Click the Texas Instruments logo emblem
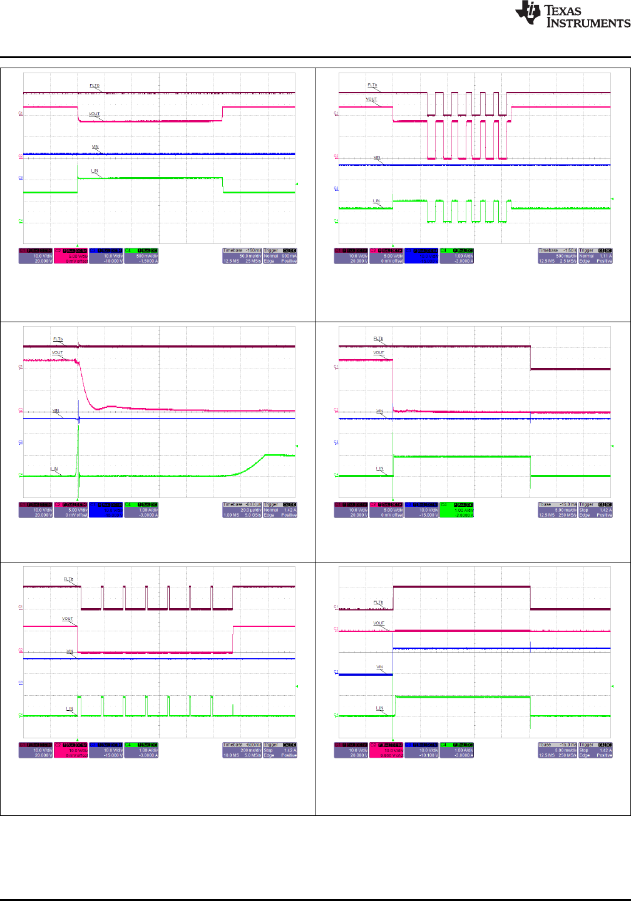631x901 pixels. [x=527, y=13]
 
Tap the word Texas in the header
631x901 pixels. [x=563, y=10]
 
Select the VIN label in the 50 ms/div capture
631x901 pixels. [x=95, y=146]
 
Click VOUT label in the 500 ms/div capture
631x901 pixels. [x=371, y=99]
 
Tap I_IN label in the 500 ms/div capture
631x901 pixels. [x=376, y=201]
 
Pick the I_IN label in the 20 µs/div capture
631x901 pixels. [x=54, y=469]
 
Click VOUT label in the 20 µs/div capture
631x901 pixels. [x=57, y=353]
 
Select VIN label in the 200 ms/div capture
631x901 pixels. [x=70, y=651]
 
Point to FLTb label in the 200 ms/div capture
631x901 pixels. [x=68, y=579]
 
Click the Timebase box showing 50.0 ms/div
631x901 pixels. [x=242, y=255]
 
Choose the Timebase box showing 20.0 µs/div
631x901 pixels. [x=242, y=509]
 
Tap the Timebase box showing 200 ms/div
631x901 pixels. [x=242, y=750]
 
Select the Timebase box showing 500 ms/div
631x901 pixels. [x=557, y=255]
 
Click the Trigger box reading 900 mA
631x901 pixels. [x=280, y=255]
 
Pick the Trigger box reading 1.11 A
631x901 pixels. [x=595, y=255]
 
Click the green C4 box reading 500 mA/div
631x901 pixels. [x=141, y=255]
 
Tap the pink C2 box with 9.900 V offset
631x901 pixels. [x=386, y=750]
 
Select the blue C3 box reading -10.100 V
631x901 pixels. [x=422, y=750]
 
